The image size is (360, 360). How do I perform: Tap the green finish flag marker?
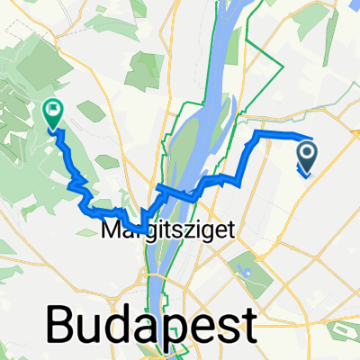(x=52, y=112)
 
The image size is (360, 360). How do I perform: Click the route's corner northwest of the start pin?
(x=260, y=134)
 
